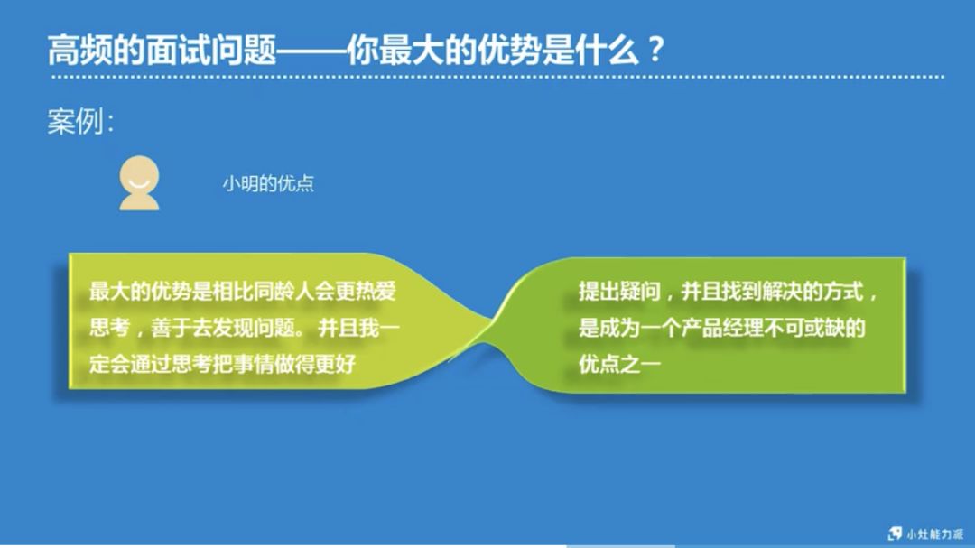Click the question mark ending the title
click(656, 49)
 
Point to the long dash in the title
click(311, 50)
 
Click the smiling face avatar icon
click(140, 182)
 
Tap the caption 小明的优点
click(268, 183)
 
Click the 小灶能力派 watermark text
click(935, 534)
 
